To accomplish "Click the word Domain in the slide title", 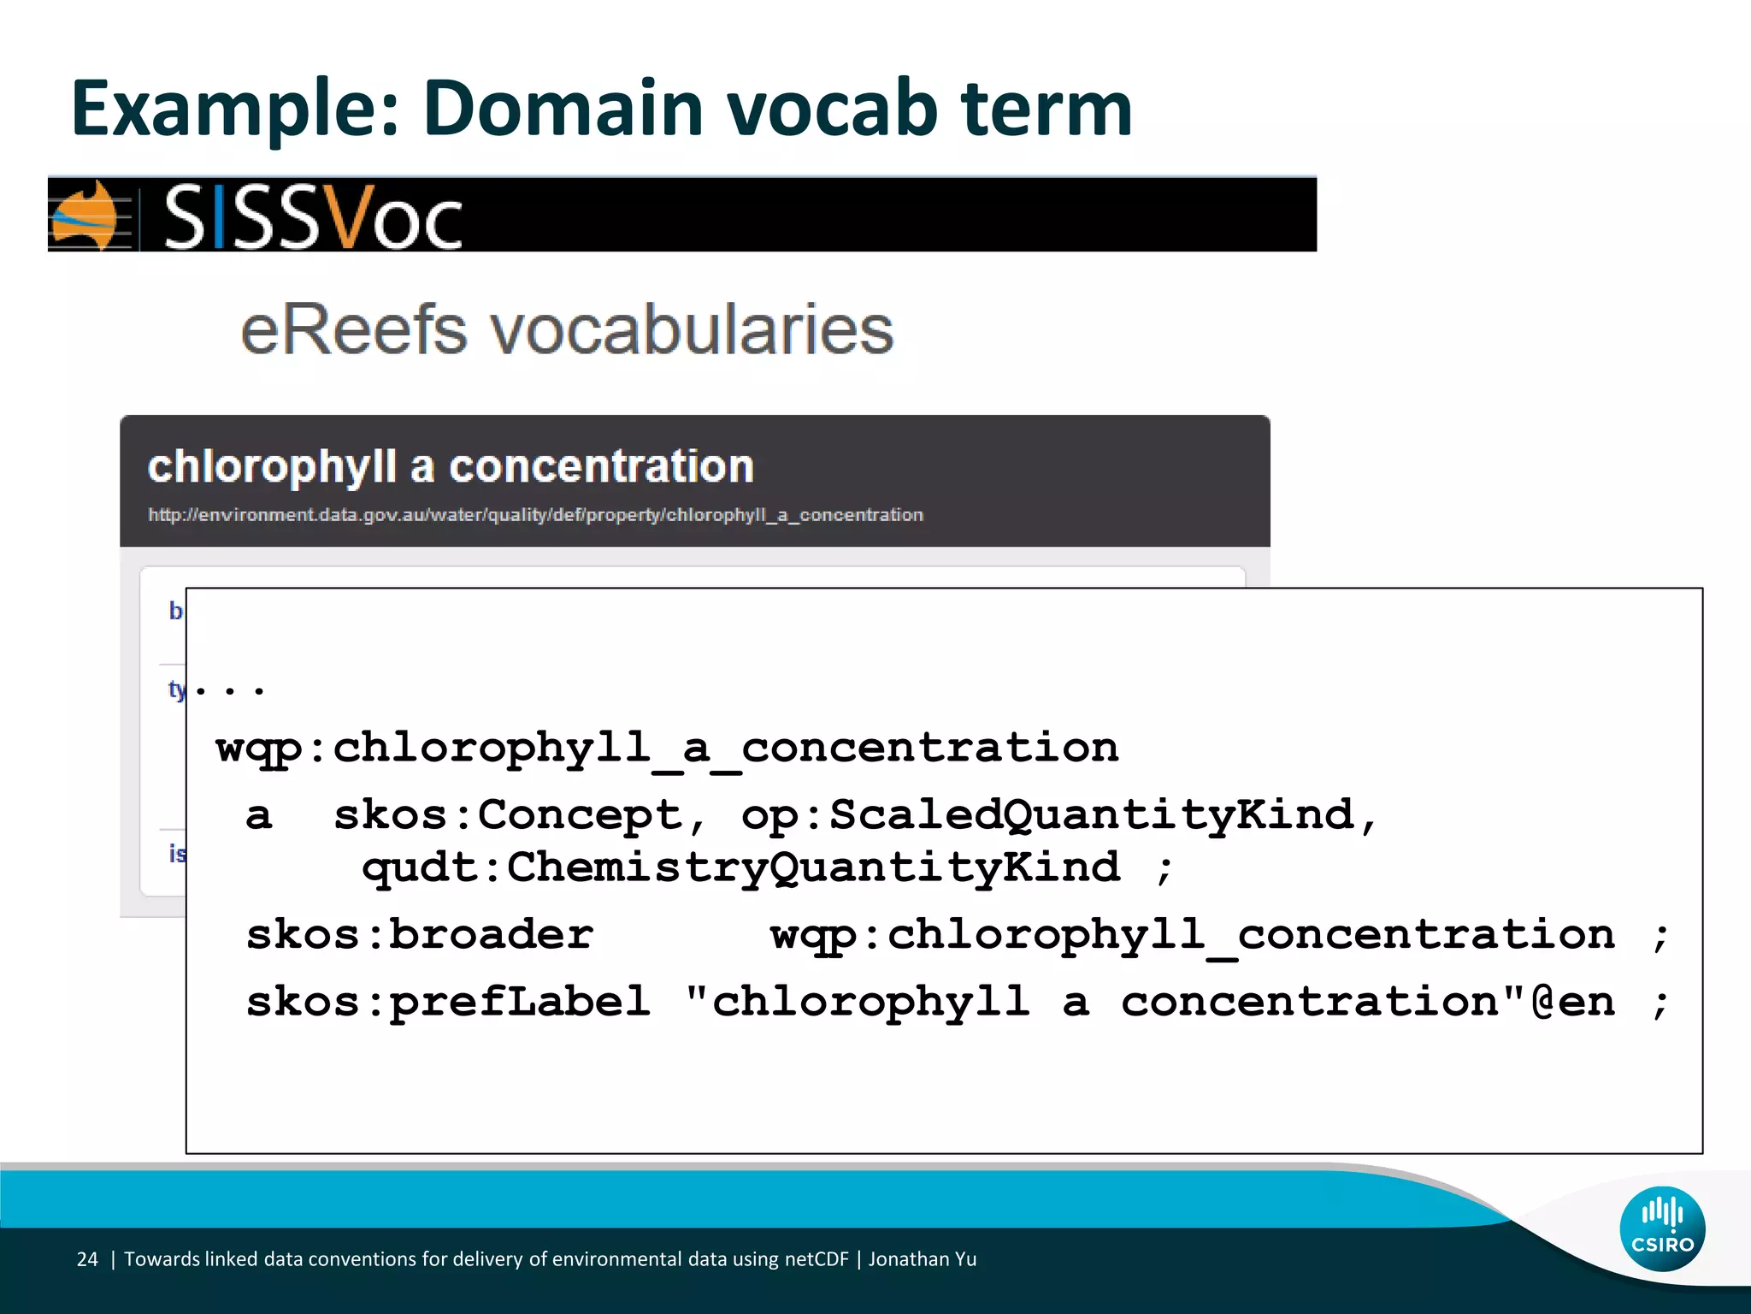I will click(563, 109).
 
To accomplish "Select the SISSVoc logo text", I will click(313, 217).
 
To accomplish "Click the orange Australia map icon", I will click(85, 216).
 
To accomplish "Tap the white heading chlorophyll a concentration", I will click(451, 467).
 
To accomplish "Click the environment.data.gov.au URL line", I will click(535, 515).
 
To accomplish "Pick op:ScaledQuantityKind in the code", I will click(1048, 814).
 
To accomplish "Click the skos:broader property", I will click(419, 934).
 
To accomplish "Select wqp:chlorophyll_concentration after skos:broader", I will click(1193, 934).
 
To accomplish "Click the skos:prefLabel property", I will click(448, 1002).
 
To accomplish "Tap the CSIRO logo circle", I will click(1662, 1228).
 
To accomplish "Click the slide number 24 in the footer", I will click(87, 1259).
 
